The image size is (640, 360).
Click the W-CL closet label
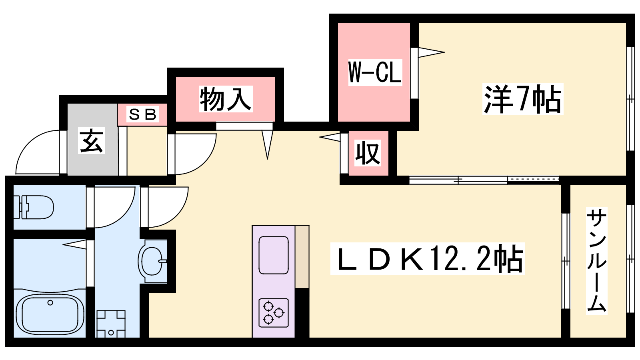tap(375, 72)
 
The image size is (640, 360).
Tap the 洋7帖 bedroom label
tap(522, 99)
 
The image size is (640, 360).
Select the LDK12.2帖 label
tap(427, 259)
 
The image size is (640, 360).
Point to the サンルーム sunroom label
tap(597, 261)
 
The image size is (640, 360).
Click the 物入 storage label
tap(226, 99)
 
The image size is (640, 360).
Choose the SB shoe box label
tap(142, 115)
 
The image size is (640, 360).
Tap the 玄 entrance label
tap(92, 140)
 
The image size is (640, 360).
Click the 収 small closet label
tap(368, 153)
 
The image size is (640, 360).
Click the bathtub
tap(50, 314)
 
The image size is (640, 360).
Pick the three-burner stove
tap(274, 312)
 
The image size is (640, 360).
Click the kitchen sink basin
tap(274, 255)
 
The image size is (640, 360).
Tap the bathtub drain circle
tap(50, 303)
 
